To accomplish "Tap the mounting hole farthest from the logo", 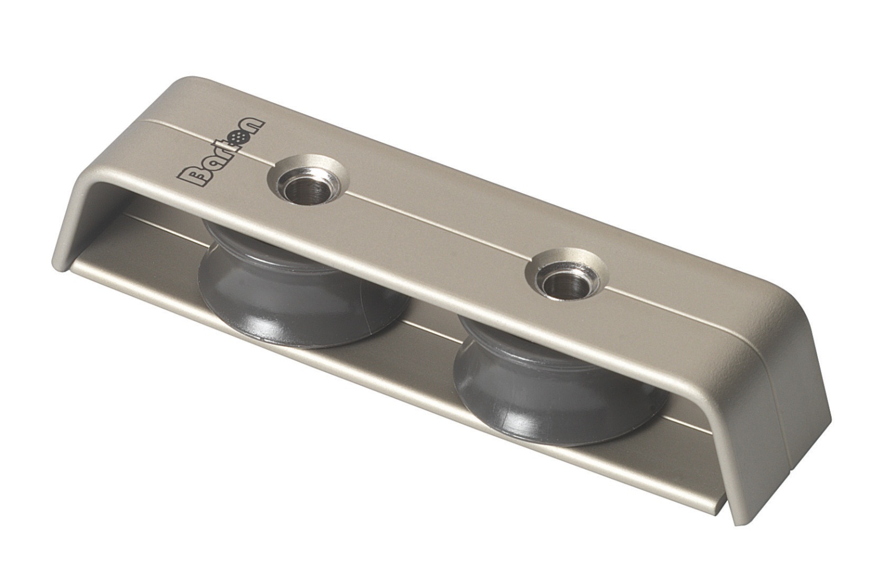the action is click(564, 274).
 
